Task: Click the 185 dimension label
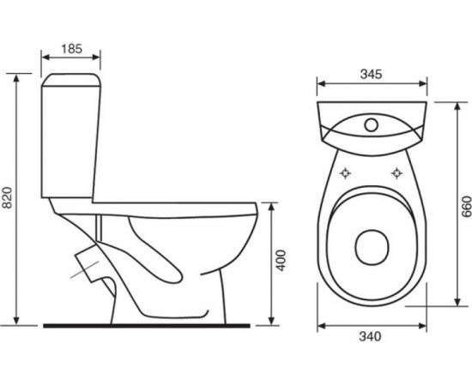click(71, 49)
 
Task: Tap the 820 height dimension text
click(7, 197)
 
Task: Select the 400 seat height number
click(281, 261)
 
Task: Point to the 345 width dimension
click(371, 74)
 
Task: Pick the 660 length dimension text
click(467, 207)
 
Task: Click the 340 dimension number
click(370, 336)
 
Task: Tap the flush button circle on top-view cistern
click(371, 124)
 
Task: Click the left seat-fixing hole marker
click(346, 173)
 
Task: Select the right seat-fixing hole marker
click(396, 173)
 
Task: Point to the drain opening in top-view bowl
click(372, 248)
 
